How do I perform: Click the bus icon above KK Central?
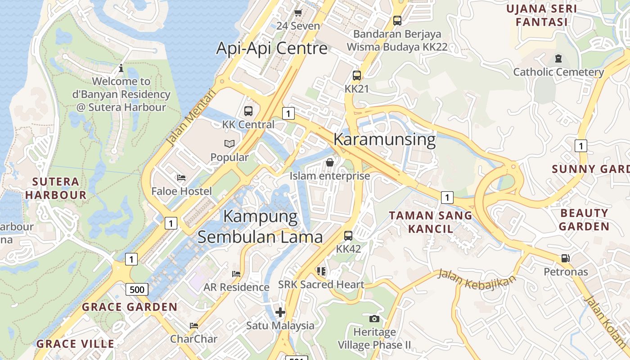[x=248, y=111]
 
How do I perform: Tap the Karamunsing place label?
[x=384, y=139]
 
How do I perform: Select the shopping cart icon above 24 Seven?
[x=298, y=13]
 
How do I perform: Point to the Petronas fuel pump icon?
[x=566, y=258]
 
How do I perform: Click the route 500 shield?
[x=137, y=289]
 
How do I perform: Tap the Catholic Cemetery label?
[x=558, y=72]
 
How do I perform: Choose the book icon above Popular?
[x=229, y=144]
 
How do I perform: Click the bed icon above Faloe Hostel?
[x=181, y=178]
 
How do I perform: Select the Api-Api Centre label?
[x=272, y=48]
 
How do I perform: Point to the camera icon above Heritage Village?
[x=374, y=319]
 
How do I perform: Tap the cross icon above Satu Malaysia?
[x=280, y=312]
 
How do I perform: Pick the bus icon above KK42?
[x=348, y=235]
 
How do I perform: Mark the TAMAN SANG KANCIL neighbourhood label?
[x=431, y=222]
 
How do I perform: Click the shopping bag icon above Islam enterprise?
[x=330, y=162]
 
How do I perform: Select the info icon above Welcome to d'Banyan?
[x=121, y=68]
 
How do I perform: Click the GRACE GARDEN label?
[x=129, y=307]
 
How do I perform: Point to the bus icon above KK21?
[x=357, y=76]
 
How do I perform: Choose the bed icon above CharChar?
[x=194, y=325]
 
